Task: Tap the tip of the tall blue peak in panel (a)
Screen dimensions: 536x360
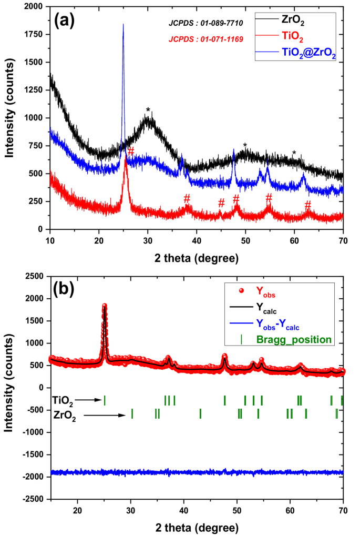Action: [x=123, y=24]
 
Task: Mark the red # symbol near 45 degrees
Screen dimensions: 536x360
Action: [x=221, y=203]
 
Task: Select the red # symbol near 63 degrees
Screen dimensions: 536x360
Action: [x=308, y=204]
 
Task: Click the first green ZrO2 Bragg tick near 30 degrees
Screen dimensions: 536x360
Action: [x=132, y=413]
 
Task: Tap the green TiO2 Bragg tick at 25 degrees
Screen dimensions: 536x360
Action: [x=105, y=400]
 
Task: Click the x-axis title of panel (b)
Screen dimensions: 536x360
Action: [x=197, y=528]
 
